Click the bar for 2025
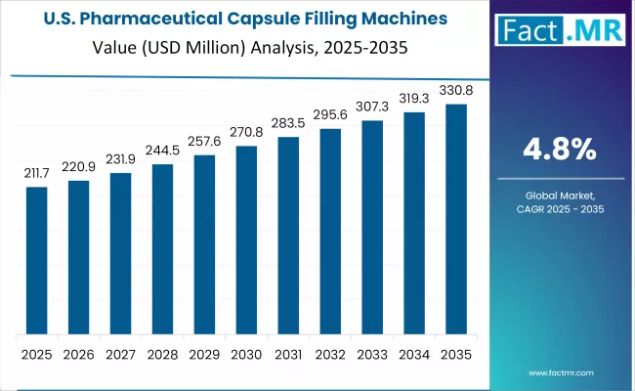tap(36, 261)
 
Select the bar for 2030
tap(247, 240)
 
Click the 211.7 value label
tap(36, 173)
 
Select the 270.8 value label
tap(247, 131)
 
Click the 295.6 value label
tap(331, 114)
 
